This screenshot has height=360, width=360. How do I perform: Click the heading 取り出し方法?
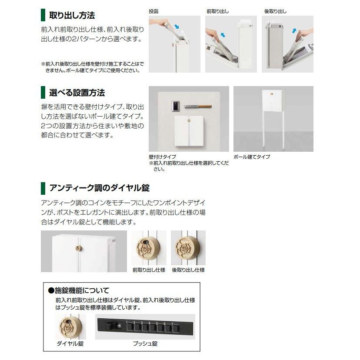pyautogui.click(x=72, y=16)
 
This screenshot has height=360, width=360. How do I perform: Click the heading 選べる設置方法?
pyautogui.click(x=77, y=93)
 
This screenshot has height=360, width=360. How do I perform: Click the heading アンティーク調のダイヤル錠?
pyautogui.click(x=100, y=188)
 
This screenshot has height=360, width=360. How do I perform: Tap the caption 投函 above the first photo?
pyautogui.click(x=153, y=11)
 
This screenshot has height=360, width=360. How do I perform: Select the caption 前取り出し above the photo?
pyautogui.click(x=217, y=11)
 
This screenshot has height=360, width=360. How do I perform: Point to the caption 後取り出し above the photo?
pyautogui.click(x=275, y=11)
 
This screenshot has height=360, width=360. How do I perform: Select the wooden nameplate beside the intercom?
pyautogui.click(x=197, y=106)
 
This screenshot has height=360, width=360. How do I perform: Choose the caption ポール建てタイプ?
pyautogui.click(x=252, y=157)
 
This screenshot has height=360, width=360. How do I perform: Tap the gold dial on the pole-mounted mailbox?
pyautogui.click(x=271, y=93)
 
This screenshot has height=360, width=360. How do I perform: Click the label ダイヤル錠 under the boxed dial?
pyautogui.click(x=70, y=343)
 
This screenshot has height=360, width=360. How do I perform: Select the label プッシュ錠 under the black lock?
pyautogui.click(x=145, y=343)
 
